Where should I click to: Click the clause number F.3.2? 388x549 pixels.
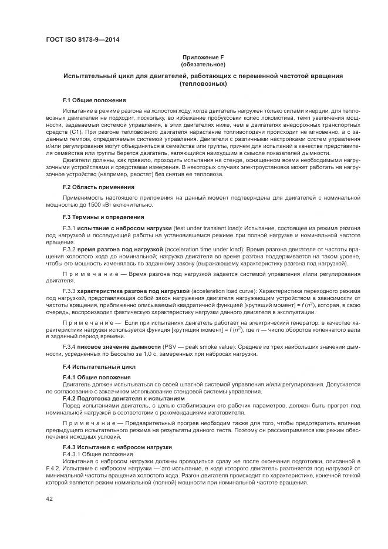click(x=70, y=250)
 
